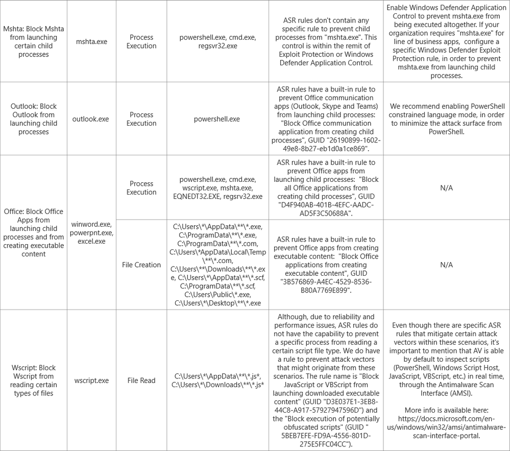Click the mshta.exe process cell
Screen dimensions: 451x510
click(x=91, y=41)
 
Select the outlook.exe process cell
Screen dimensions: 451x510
click(x=91, y=119)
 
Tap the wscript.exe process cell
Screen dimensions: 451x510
click(x=91, y=381)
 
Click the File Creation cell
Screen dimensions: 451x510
click(x=141, y=265)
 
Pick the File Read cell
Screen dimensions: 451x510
click(x=141, y=381)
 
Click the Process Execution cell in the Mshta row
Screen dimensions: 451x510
click(x=141, y=41)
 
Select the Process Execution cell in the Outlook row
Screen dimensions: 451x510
click(x=141, y=119)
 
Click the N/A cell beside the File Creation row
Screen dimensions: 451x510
click(x=447, y=265)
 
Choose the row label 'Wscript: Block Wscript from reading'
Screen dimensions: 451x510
click(x=33, y=381)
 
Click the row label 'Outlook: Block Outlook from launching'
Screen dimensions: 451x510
click(x=33, y=119)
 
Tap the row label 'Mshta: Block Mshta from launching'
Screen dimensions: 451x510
click(x=33, y=41)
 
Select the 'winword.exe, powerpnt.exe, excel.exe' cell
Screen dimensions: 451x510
click(x=91, y=232)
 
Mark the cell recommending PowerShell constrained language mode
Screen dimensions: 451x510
click(x=447, y=119)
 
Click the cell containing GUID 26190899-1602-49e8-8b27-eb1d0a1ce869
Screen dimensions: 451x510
click(x=326, y=119)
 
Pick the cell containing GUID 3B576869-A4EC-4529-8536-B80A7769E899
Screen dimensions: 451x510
click(x=326, y=265)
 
